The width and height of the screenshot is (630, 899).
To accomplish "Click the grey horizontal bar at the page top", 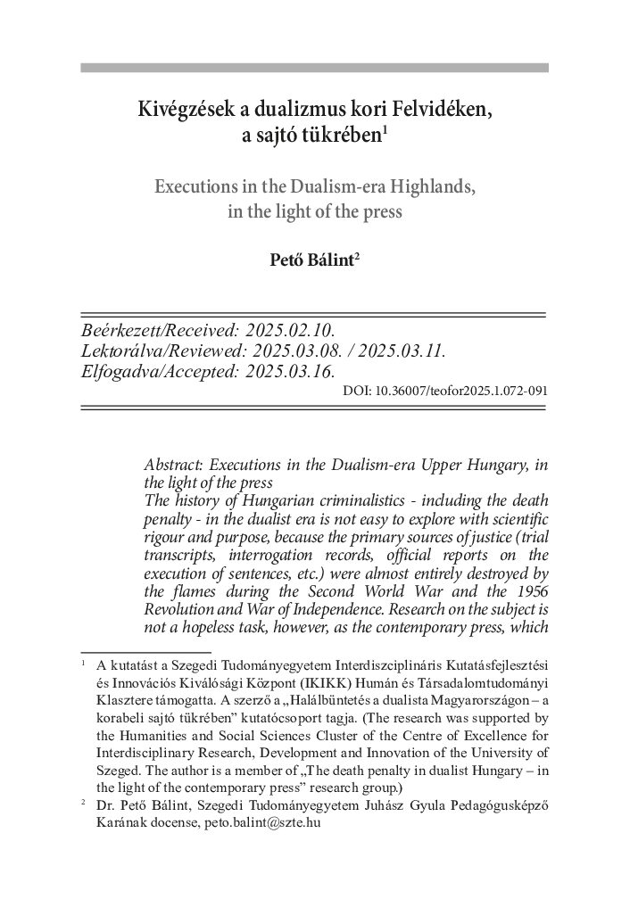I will coord(314,67).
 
